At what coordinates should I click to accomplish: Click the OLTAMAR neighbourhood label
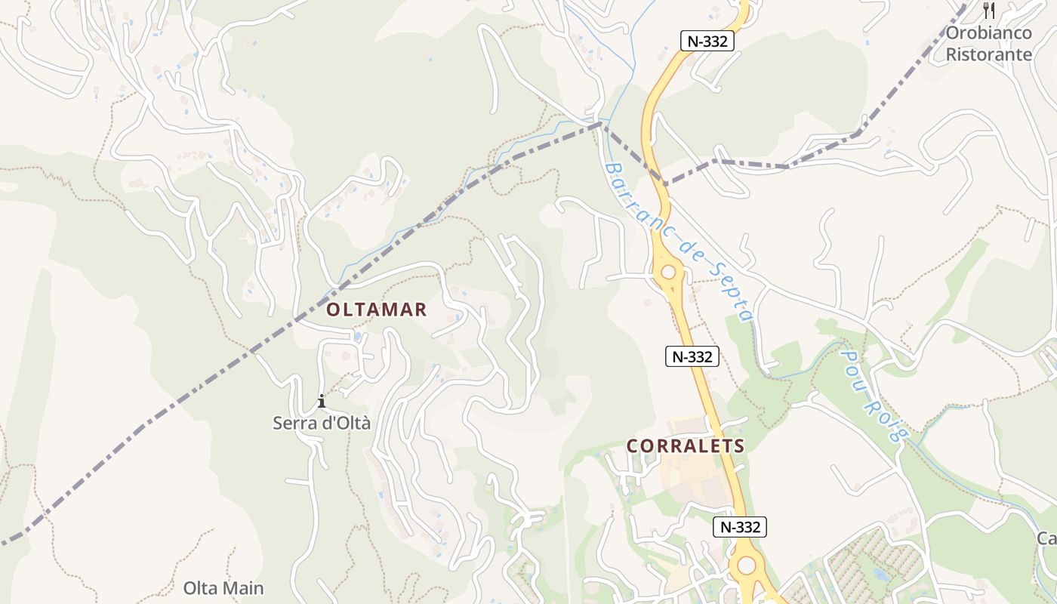(377, 310)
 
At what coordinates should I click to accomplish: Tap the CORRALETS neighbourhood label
(686, 446)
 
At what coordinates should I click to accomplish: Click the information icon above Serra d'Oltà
(322, 401)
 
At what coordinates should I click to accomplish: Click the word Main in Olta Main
(243, 588)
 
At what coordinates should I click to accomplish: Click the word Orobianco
(988, 33)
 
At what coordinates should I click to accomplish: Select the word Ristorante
(988, 54)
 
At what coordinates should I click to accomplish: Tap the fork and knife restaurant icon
(989, 11)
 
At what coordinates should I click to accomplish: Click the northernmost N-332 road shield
(707, 41)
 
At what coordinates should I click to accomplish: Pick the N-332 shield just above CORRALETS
(692, 356)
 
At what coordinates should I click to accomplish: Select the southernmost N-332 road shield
(740, 527)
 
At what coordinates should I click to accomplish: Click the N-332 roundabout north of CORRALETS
(668, 272)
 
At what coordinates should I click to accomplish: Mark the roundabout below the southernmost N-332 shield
(747, 565)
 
